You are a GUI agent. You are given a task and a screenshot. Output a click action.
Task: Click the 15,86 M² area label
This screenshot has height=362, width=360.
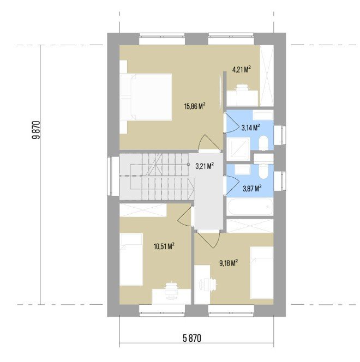tap(195, 106)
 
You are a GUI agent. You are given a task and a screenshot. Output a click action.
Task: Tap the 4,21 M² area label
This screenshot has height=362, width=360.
tap(242, 69)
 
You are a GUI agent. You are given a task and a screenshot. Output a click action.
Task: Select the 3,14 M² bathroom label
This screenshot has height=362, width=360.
tap(250, 127)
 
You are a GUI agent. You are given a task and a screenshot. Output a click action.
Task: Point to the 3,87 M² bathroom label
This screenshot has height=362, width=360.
tap(252, 189)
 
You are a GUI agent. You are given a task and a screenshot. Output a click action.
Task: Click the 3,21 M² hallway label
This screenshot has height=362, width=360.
tap(205, 166)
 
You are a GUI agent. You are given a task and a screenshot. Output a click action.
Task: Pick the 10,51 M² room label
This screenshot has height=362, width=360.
tap(164, 246)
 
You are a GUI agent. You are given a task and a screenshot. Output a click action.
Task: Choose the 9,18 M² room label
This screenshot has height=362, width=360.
tap(229, 263)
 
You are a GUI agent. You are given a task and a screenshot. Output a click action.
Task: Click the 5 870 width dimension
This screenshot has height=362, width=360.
tap(192, 339)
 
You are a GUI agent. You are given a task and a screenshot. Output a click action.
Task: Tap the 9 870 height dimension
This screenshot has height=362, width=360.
tap(36, 130)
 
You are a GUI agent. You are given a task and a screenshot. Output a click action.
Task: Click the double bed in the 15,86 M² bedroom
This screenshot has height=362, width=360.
tap(146, 97)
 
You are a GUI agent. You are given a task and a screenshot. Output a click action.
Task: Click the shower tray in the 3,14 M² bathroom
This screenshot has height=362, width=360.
tap(238, 149)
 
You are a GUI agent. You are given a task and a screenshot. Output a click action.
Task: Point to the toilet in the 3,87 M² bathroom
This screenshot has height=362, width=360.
tap(263, 171)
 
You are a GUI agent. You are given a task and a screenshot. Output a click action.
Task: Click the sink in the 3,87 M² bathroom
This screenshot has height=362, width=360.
tap(243, 170)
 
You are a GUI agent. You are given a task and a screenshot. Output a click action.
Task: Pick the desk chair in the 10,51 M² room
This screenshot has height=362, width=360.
tap(171, 287)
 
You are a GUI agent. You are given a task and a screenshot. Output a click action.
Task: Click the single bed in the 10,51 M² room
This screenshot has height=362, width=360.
tap(131, 260)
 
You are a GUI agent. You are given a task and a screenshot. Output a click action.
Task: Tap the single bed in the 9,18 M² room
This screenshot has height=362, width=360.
tap(262, 273)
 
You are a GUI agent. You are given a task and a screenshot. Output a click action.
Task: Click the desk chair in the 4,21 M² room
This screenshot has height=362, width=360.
tap(242, 88)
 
